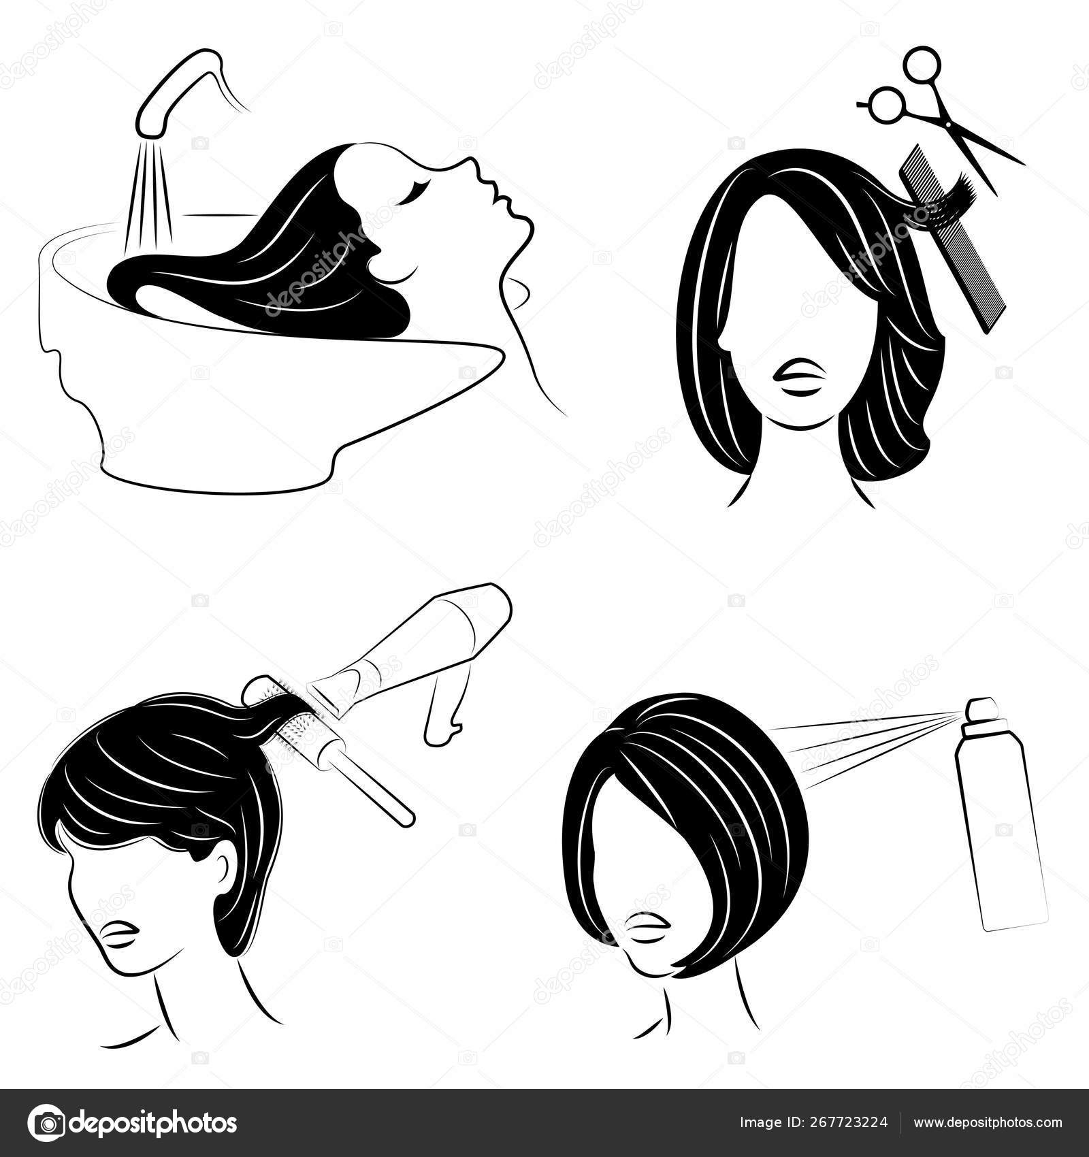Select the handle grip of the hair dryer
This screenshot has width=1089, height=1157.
(x=446, y=717)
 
